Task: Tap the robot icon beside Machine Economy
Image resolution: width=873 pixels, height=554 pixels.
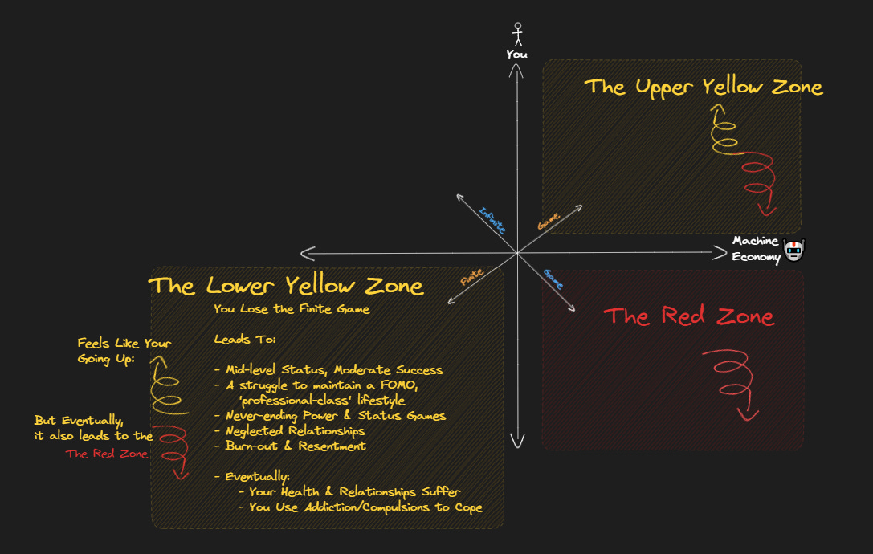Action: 793,251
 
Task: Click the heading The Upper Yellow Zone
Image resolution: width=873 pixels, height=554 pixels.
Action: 703,87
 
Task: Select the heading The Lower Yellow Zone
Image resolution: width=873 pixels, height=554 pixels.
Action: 286,286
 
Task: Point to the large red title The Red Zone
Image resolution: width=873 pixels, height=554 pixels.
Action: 689,316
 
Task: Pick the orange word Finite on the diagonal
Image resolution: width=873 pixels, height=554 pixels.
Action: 471,278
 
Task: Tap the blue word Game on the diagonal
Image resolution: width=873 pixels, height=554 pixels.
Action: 553,278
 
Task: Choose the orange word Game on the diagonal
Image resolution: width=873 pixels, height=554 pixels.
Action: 549,221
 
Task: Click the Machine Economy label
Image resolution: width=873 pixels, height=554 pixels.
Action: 756,249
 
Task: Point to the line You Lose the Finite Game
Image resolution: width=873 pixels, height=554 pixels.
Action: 292,309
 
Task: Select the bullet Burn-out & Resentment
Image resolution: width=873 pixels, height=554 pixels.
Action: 290,446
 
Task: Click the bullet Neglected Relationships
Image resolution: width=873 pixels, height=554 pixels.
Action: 289,430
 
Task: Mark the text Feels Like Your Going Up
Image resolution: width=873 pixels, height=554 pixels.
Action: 124,351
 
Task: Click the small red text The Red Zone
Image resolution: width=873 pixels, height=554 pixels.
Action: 107,454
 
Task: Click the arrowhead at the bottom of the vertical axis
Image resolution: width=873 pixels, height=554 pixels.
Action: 517,441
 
